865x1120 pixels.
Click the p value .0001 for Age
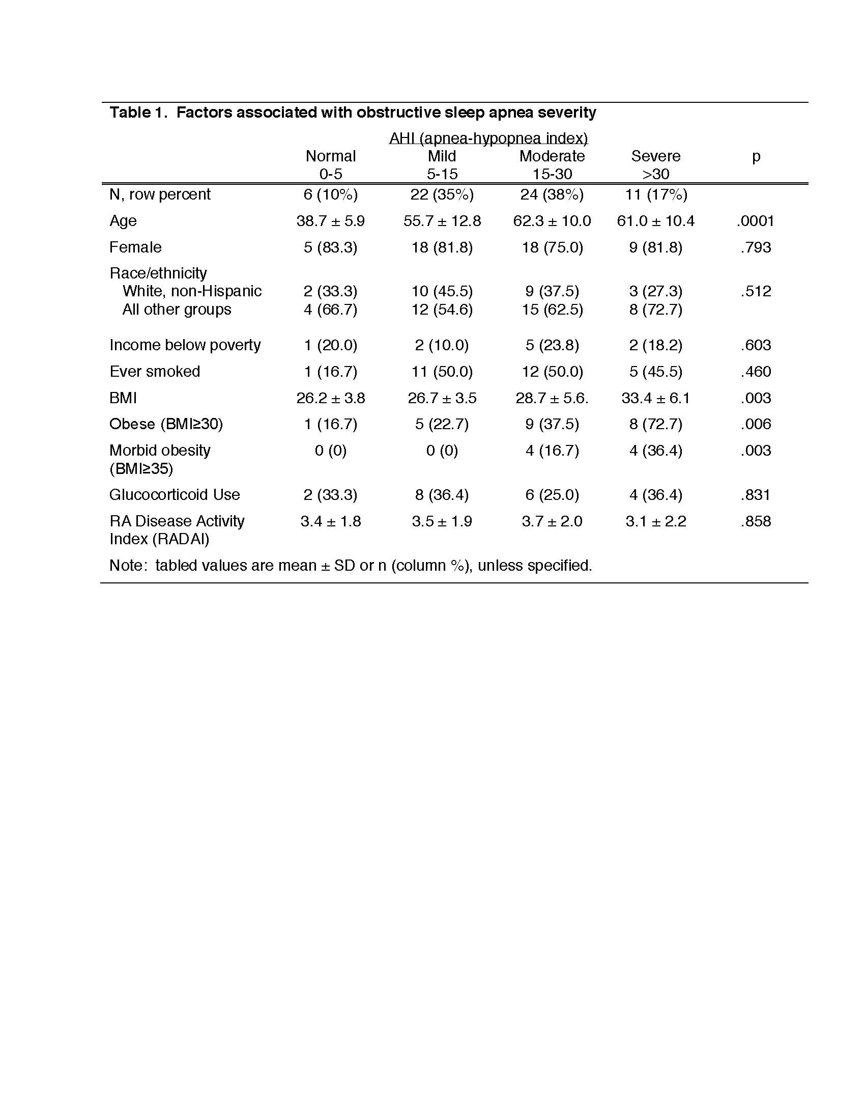tap(755, 221)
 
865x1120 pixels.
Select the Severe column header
tap(655, 156)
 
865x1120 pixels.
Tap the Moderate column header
tap(552, 156)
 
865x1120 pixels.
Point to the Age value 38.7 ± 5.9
tap(331, 221)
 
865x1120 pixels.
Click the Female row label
tap(135, 247)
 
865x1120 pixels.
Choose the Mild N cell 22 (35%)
tap(442, 194)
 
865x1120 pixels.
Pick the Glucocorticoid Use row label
tap(174, 494)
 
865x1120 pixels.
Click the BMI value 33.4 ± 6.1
tap(655, 398)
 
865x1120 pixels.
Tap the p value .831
tap(755, 494)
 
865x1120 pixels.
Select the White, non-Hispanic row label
tap(192, 291)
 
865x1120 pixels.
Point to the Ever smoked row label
tap(155, 371)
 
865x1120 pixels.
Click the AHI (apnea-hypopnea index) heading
tap(488, 138)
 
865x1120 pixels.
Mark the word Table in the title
tap(128, 113)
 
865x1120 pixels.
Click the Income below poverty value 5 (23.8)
tap(552, 345)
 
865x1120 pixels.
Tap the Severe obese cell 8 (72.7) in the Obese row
tap(655, 424)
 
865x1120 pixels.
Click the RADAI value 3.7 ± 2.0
tap(552, 521)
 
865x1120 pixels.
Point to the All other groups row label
tap(176, 309)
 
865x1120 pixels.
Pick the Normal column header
tap(331, 156)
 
